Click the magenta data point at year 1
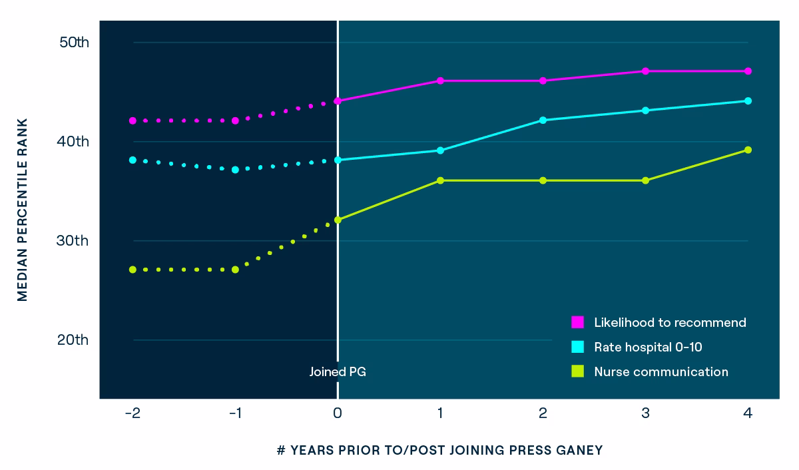(x=440, y=81)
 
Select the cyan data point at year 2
(x=543, y=120)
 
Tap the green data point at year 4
(x=748, y=150)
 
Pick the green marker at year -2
(x=133, y=270)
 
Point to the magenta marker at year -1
(x=235, y=120)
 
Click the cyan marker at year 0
(x=338, y=160)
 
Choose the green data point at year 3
(x=645, y=180)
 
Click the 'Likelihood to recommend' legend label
(x=670, y=322)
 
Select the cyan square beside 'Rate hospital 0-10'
(x=577, y=347)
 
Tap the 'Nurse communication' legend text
(x=661, y=371)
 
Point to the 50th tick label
(x=74, y=43)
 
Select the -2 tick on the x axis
(x=133, y=413)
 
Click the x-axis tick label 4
(x=748, y=413)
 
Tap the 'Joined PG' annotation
(x=338, y=371)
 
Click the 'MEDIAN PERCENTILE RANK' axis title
(x=23, y=210)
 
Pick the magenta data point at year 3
(x=645, y=71)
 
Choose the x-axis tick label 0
(x=338, y=413)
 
